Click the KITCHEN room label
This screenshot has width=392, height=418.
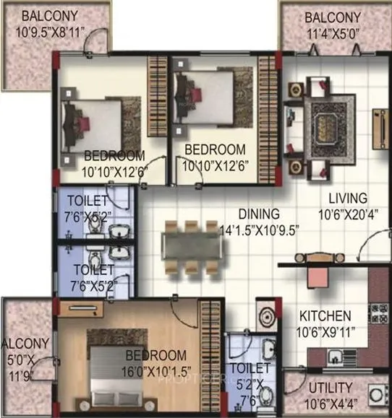(x=327, y=315)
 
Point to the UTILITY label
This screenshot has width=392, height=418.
(x=329, y=387)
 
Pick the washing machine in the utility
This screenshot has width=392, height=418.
(x=377, y=396)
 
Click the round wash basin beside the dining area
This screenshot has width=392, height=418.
(x=265, y=318)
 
